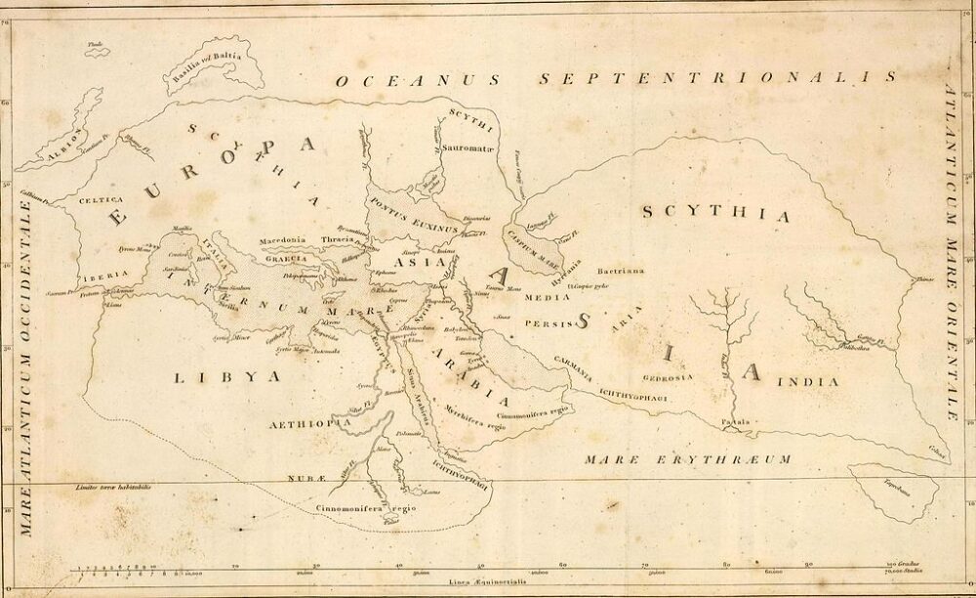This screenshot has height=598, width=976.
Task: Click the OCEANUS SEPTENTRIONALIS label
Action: pyautogui.click(x=615, y=79)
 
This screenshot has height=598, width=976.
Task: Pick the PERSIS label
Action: pyautogui.click(x=545, y=319)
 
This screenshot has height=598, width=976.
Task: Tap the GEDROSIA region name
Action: pyautogui.click(x=668, y=376)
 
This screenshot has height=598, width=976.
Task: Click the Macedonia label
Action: pyautogui.click(x=283, y=239)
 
